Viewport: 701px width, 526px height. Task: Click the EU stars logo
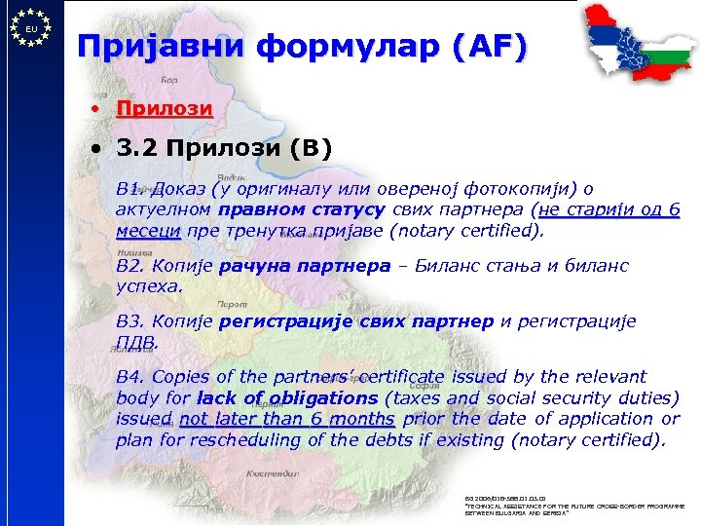point(32,29)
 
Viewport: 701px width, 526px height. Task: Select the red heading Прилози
point(164,108)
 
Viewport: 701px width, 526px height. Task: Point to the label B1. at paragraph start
point(129,190)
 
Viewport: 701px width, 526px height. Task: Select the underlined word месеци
point(147,232)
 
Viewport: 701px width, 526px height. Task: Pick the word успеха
point(149,287)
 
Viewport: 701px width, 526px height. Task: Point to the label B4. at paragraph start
point(129,377)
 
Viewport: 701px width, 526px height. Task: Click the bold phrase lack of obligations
point(286,398)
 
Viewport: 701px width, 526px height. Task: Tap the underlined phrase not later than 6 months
point(287,419)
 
